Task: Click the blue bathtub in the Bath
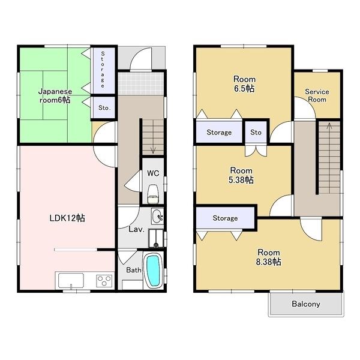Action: click(153, 271)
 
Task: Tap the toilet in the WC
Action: click(153, 194)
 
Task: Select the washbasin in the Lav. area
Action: click(157, 216)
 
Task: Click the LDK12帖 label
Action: click(67, 218)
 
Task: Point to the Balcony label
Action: click(306, 304)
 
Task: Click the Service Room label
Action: click(317, 95)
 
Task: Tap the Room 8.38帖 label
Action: click(269, 257)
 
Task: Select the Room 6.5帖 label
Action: click(244, 84)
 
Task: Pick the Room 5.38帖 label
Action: click(241, 175)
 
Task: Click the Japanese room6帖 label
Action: click(55, 96)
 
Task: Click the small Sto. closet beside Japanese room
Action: click(104, 107)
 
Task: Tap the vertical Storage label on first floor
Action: click(103, 70)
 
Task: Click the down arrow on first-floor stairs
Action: click(153, 149)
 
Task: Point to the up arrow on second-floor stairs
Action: click(329, 126)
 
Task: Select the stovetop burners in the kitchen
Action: click(104, 281)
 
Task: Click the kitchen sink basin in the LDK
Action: click(71, 281)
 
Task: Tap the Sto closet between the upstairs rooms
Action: click(256, 132)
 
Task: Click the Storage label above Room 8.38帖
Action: click(225, 218)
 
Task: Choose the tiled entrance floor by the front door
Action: click(141, 83)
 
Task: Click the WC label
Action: click(153, 173)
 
